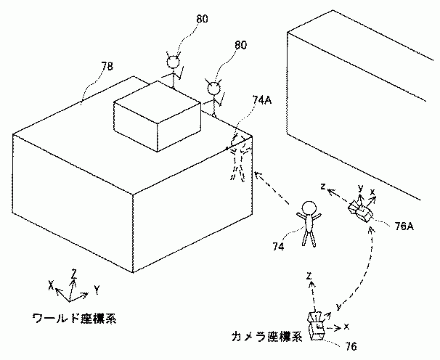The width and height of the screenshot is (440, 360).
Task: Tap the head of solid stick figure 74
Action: click(310, 207)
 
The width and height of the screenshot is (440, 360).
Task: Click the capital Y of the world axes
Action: click(97, 290)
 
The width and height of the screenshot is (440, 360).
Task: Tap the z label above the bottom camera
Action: click(309, 276)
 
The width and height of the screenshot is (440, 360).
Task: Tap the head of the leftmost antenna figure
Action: click(174, 63)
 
